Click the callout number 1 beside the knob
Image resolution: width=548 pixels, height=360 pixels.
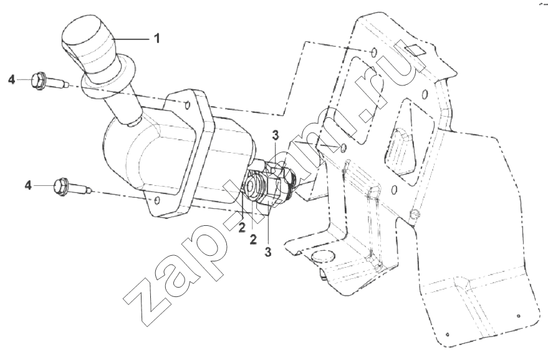pos(157,38)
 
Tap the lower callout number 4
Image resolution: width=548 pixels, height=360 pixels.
pos(28,185)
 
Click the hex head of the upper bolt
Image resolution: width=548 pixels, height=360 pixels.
pos(39,80)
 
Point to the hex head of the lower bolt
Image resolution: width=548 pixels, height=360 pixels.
pos(61,187)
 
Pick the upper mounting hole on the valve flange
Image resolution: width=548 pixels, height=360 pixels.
pos(187,105)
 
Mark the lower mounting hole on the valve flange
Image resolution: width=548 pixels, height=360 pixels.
pos(157,200)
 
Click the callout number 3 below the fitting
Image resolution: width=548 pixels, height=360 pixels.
pos(267,252)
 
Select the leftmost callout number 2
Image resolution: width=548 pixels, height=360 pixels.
pos(241,227)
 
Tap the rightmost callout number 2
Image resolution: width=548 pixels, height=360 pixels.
pos(253,240)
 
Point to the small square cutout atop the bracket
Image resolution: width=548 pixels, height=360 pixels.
pos(414,50)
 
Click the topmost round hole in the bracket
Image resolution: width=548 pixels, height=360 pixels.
pos(374,52)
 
